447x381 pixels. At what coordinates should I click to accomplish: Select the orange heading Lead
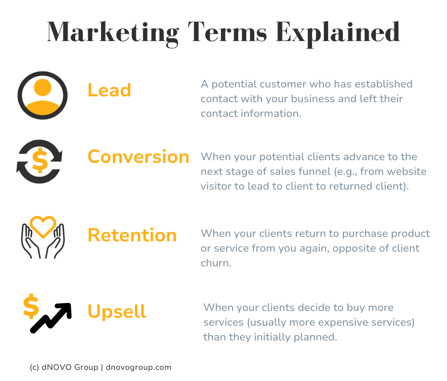tap(109, 90)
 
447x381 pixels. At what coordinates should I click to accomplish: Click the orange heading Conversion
tap(139, 157)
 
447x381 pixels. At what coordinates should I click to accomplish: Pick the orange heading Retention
tap(132, 235)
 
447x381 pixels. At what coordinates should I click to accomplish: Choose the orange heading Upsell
tap(117, 311)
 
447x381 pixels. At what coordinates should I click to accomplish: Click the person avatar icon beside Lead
tap(42, 95)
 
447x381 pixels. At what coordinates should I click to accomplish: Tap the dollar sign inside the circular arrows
tap(40, 162)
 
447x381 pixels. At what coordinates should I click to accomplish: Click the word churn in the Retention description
tap(216, 263)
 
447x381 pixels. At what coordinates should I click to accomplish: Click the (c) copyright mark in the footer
tap(34, 368)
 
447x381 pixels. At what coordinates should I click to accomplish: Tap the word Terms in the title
tap(227, 32)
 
